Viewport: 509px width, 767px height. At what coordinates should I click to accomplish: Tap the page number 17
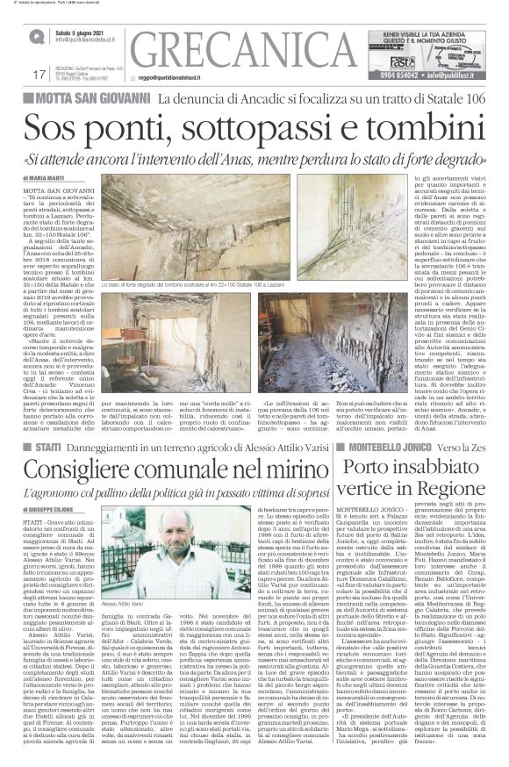pyautogui.click(x=39, y=75)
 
